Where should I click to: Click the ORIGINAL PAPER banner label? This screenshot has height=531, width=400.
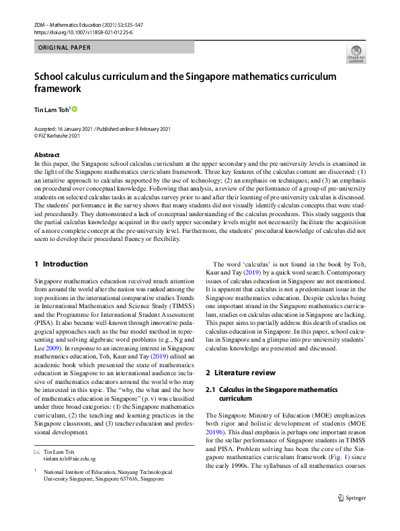coord(64,48)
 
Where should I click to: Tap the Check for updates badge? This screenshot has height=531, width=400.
coord(356,54)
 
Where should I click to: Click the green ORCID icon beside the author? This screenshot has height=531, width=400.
coord(75,109)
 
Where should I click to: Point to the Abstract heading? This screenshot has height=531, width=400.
coord(47,155)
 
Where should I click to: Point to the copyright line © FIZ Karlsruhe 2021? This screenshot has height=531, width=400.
coord(63,134)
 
